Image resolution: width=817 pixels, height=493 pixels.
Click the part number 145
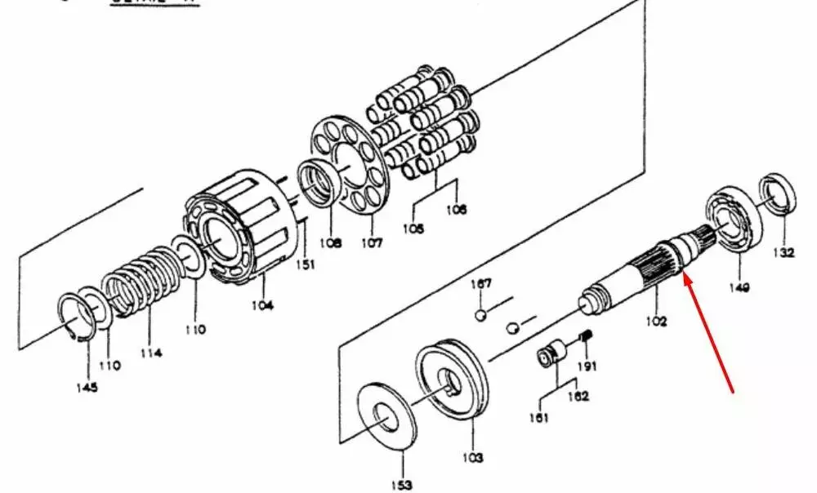pos(87,387)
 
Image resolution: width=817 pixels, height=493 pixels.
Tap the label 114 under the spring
pos(150,353)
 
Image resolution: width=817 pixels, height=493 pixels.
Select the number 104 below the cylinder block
pos(263,304)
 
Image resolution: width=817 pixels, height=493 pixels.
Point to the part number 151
pos(305,264)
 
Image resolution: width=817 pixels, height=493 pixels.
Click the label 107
pos(372,242)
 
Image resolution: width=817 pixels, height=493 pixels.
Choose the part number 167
pos(481,284)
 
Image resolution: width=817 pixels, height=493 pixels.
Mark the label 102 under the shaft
pos(655,321)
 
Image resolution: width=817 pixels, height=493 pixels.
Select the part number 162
pos(578,397)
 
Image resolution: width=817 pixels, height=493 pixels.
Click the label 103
pos(474,457)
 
